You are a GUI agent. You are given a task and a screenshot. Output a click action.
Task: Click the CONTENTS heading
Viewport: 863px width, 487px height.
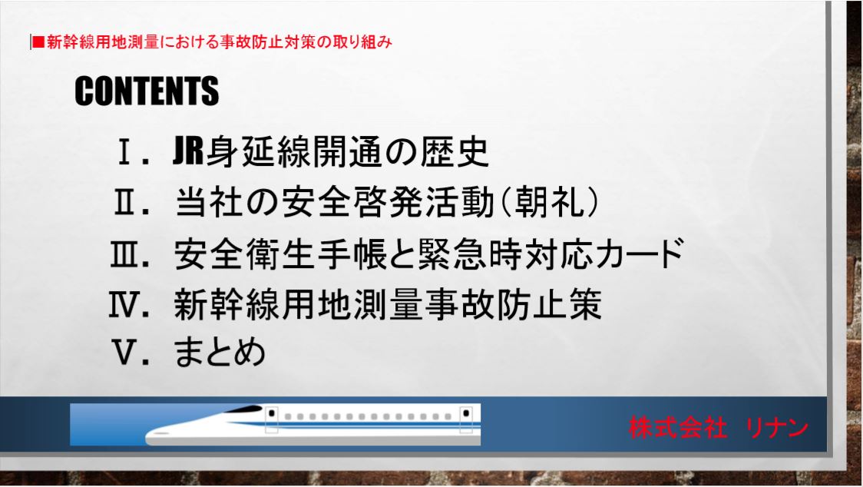[147, 91]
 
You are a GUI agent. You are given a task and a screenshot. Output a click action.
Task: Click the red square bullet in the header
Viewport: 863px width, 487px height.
[38, 42]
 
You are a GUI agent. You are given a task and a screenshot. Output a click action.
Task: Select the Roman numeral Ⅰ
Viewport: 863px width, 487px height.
[125, 152]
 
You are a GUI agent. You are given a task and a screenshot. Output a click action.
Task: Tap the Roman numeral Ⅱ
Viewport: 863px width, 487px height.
[125, 203]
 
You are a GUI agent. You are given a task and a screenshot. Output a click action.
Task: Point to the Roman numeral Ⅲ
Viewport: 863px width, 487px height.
[125, 254]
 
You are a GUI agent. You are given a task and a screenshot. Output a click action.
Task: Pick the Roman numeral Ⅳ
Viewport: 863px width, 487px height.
[124, 305]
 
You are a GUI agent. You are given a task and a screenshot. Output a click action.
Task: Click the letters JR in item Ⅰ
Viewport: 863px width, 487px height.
[188, 151]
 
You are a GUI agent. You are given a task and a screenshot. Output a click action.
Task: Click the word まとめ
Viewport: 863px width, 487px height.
[220, 353]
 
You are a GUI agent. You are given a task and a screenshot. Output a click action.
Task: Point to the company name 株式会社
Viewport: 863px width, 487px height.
[677, 428]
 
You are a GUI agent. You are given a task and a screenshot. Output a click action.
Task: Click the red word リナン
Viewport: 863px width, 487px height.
[777, 428]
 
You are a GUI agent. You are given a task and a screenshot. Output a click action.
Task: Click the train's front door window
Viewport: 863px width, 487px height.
[271, 413]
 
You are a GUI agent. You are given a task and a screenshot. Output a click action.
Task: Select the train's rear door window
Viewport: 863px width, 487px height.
[465, 413]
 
